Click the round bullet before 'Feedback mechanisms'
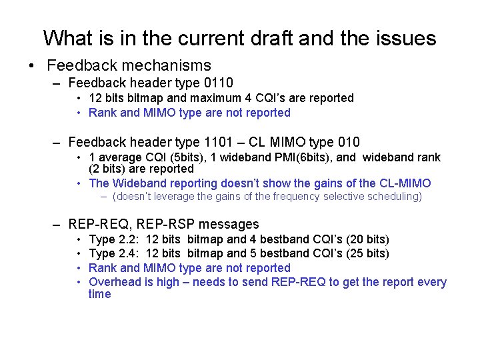click(31, 65)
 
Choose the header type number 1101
click(211, 142)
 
